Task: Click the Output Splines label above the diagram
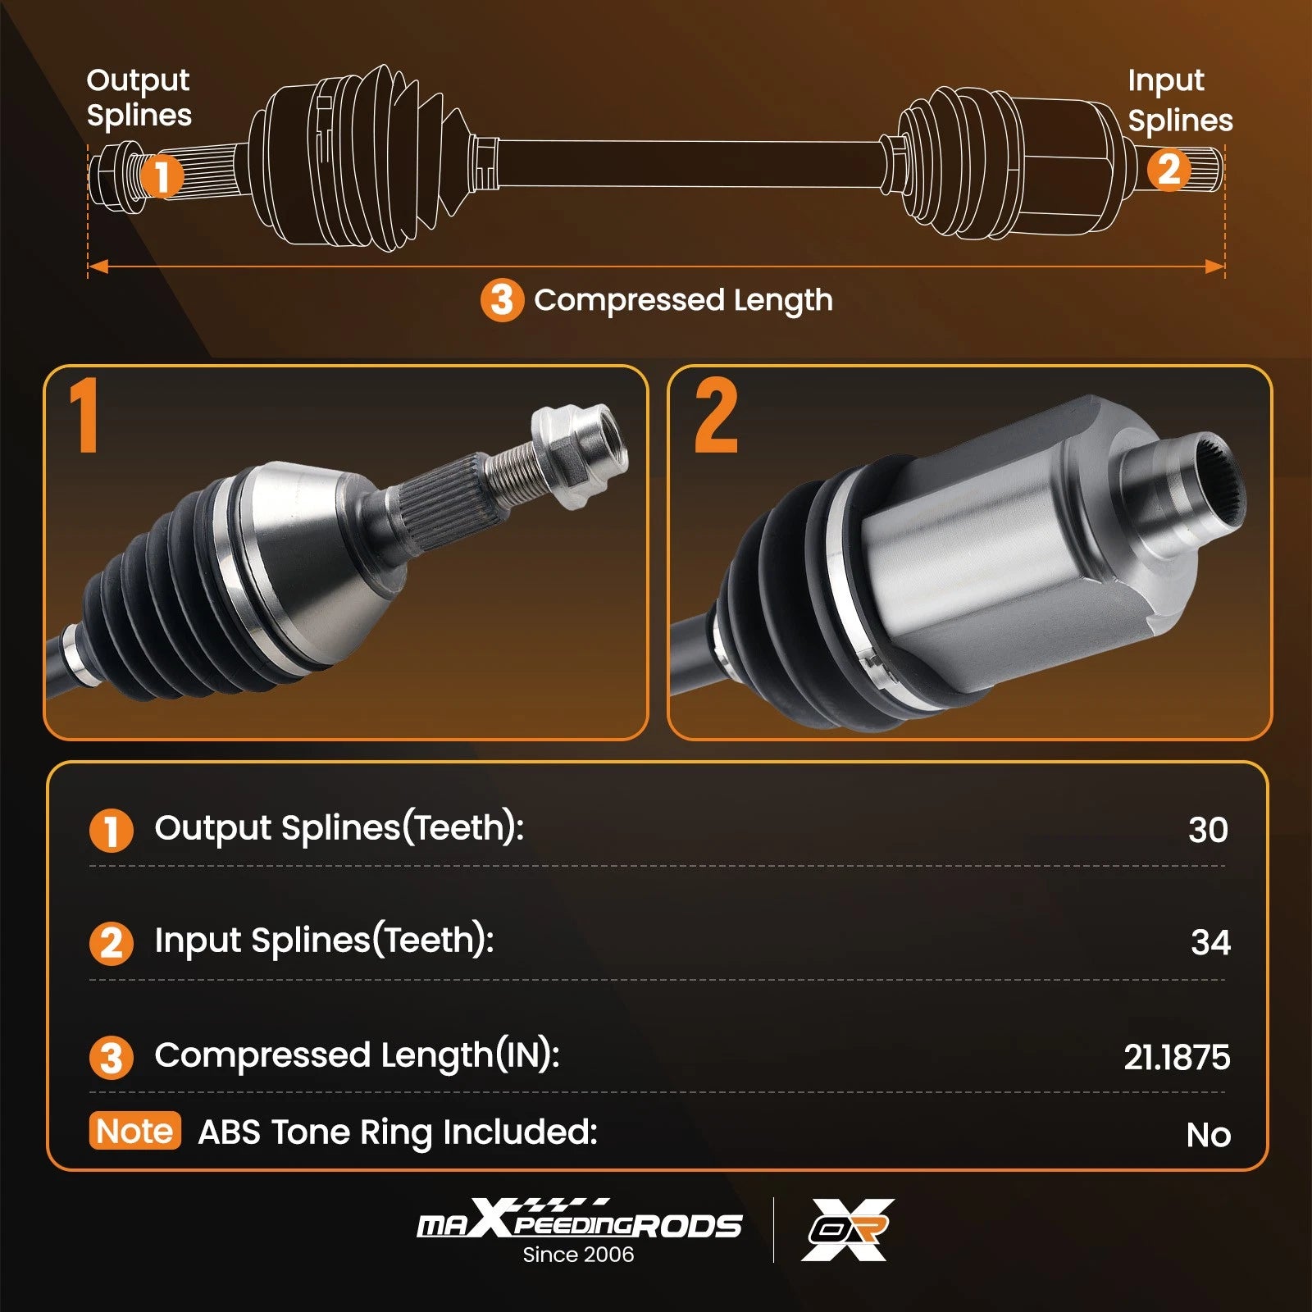[x=139, y=98]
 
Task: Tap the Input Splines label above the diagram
[x=1180, y=100]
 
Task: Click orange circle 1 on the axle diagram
[x=162, y=175]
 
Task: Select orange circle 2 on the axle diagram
[x=1168, y=170]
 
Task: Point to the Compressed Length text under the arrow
[x=683, y=300]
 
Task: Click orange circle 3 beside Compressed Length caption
[x=502, y=300]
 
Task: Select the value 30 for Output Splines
[x=1208, y=830]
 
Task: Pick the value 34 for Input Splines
[x=1210, y=942]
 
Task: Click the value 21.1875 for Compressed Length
[x=1177, y=1057]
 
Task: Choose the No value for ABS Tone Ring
[x=1209, y=1135]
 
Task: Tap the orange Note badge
[x=134, y=1131]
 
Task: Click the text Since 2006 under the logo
[x=578, y=1255]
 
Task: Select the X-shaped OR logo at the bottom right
[x=848, y=1229]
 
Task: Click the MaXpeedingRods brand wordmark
[x=579, y=1218]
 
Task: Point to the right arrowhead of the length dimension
[x=1214, y=266]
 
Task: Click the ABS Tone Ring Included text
[x=398, y=1132]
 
